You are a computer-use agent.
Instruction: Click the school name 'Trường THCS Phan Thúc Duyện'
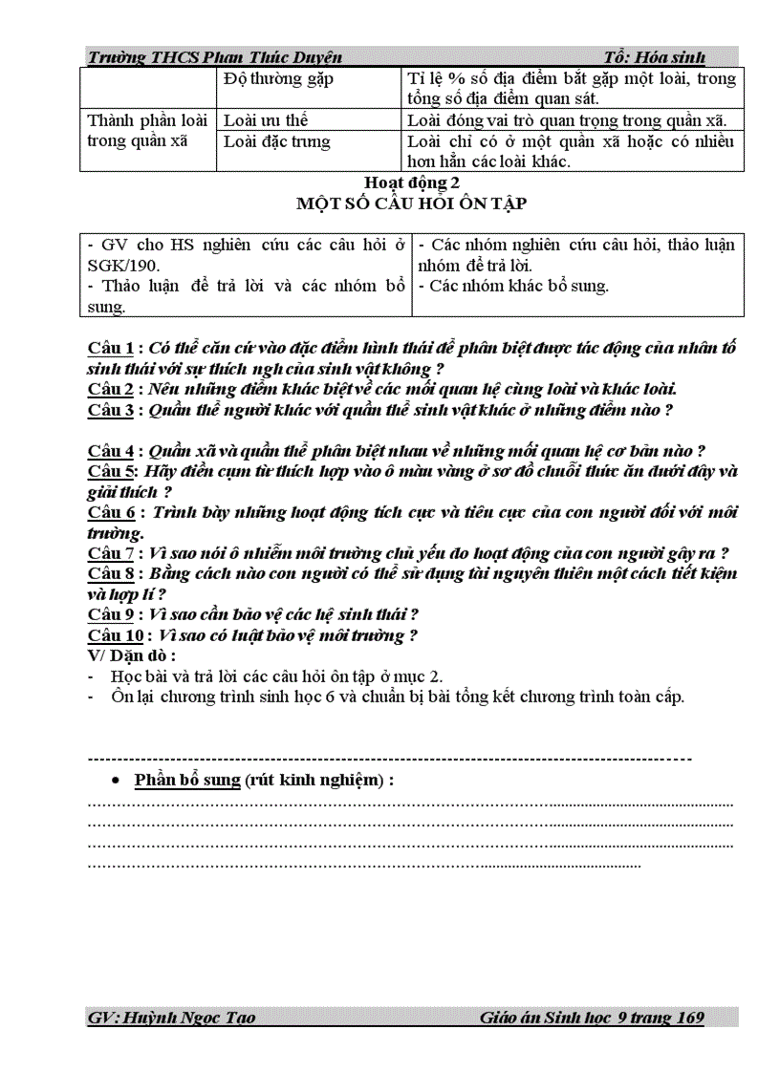(x=214, y=57)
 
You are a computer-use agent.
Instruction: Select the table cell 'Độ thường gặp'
(x=277, y=79)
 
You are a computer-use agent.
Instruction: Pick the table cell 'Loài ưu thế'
(x=265, y=120)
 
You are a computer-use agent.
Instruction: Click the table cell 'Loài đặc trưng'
(x=276, y=141)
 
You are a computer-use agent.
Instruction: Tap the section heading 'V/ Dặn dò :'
(x=131, y=655)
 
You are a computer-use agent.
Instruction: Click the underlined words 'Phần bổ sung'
(x=187, y=780)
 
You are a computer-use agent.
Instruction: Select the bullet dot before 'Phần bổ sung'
(x=116, y=781)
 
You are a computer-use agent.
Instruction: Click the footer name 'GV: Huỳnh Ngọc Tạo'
(x=171, y=1019)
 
